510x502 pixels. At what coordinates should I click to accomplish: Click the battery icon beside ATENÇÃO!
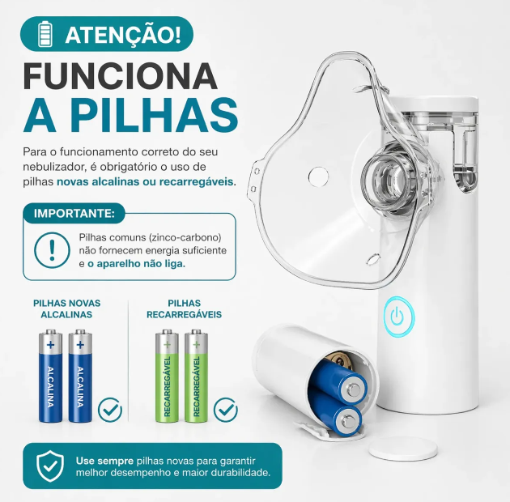(x=45, y=34)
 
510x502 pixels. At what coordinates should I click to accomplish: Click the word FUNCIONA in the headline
(x=120, y=76)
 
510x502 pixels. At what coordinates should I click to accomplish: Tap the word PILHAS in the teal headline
(x=155, y=115)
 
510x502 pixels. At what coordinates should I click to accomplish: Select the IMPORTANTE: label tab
(x=74, y=214)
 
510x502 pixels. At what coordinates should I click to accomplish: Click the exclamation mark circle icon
(x=52, y=250)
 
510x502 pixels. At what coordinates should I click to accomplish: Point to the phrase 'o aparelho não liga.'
(x=136, y=264)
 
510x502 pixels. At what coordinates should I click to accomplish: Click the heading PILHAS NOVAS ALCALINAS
(x=66, y=308)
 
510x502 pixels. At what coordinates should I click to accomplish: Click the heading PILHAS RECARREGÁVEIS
(x=184, y=308)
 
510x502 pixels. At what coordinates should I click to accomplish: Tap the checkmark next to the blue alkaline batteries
(x=110, y=410)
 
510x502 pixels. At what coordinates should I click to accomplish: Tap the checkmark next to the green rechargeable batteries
(x=225, y=410)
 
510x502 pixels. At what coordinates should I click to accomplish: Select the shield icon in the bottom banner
(x=50, y=466)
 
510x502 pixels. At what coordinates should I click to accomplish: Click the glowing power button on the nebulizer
(x=398, y=317)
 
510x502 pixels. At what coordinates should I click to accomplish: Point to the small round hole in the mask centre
(x=318, y=177)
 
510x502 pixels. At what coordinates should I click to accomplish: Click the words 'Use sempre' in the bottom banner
(x=104, y=461)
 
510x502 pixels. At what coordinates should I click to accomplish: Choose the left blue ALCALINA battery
(x=51, y=376)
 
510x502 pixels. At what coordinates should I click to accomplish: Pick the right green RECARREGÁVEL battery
(x=196, y=376)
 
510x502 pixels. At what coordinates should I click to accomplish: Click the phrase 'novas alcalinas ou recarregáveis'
(x=145, y=181)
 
